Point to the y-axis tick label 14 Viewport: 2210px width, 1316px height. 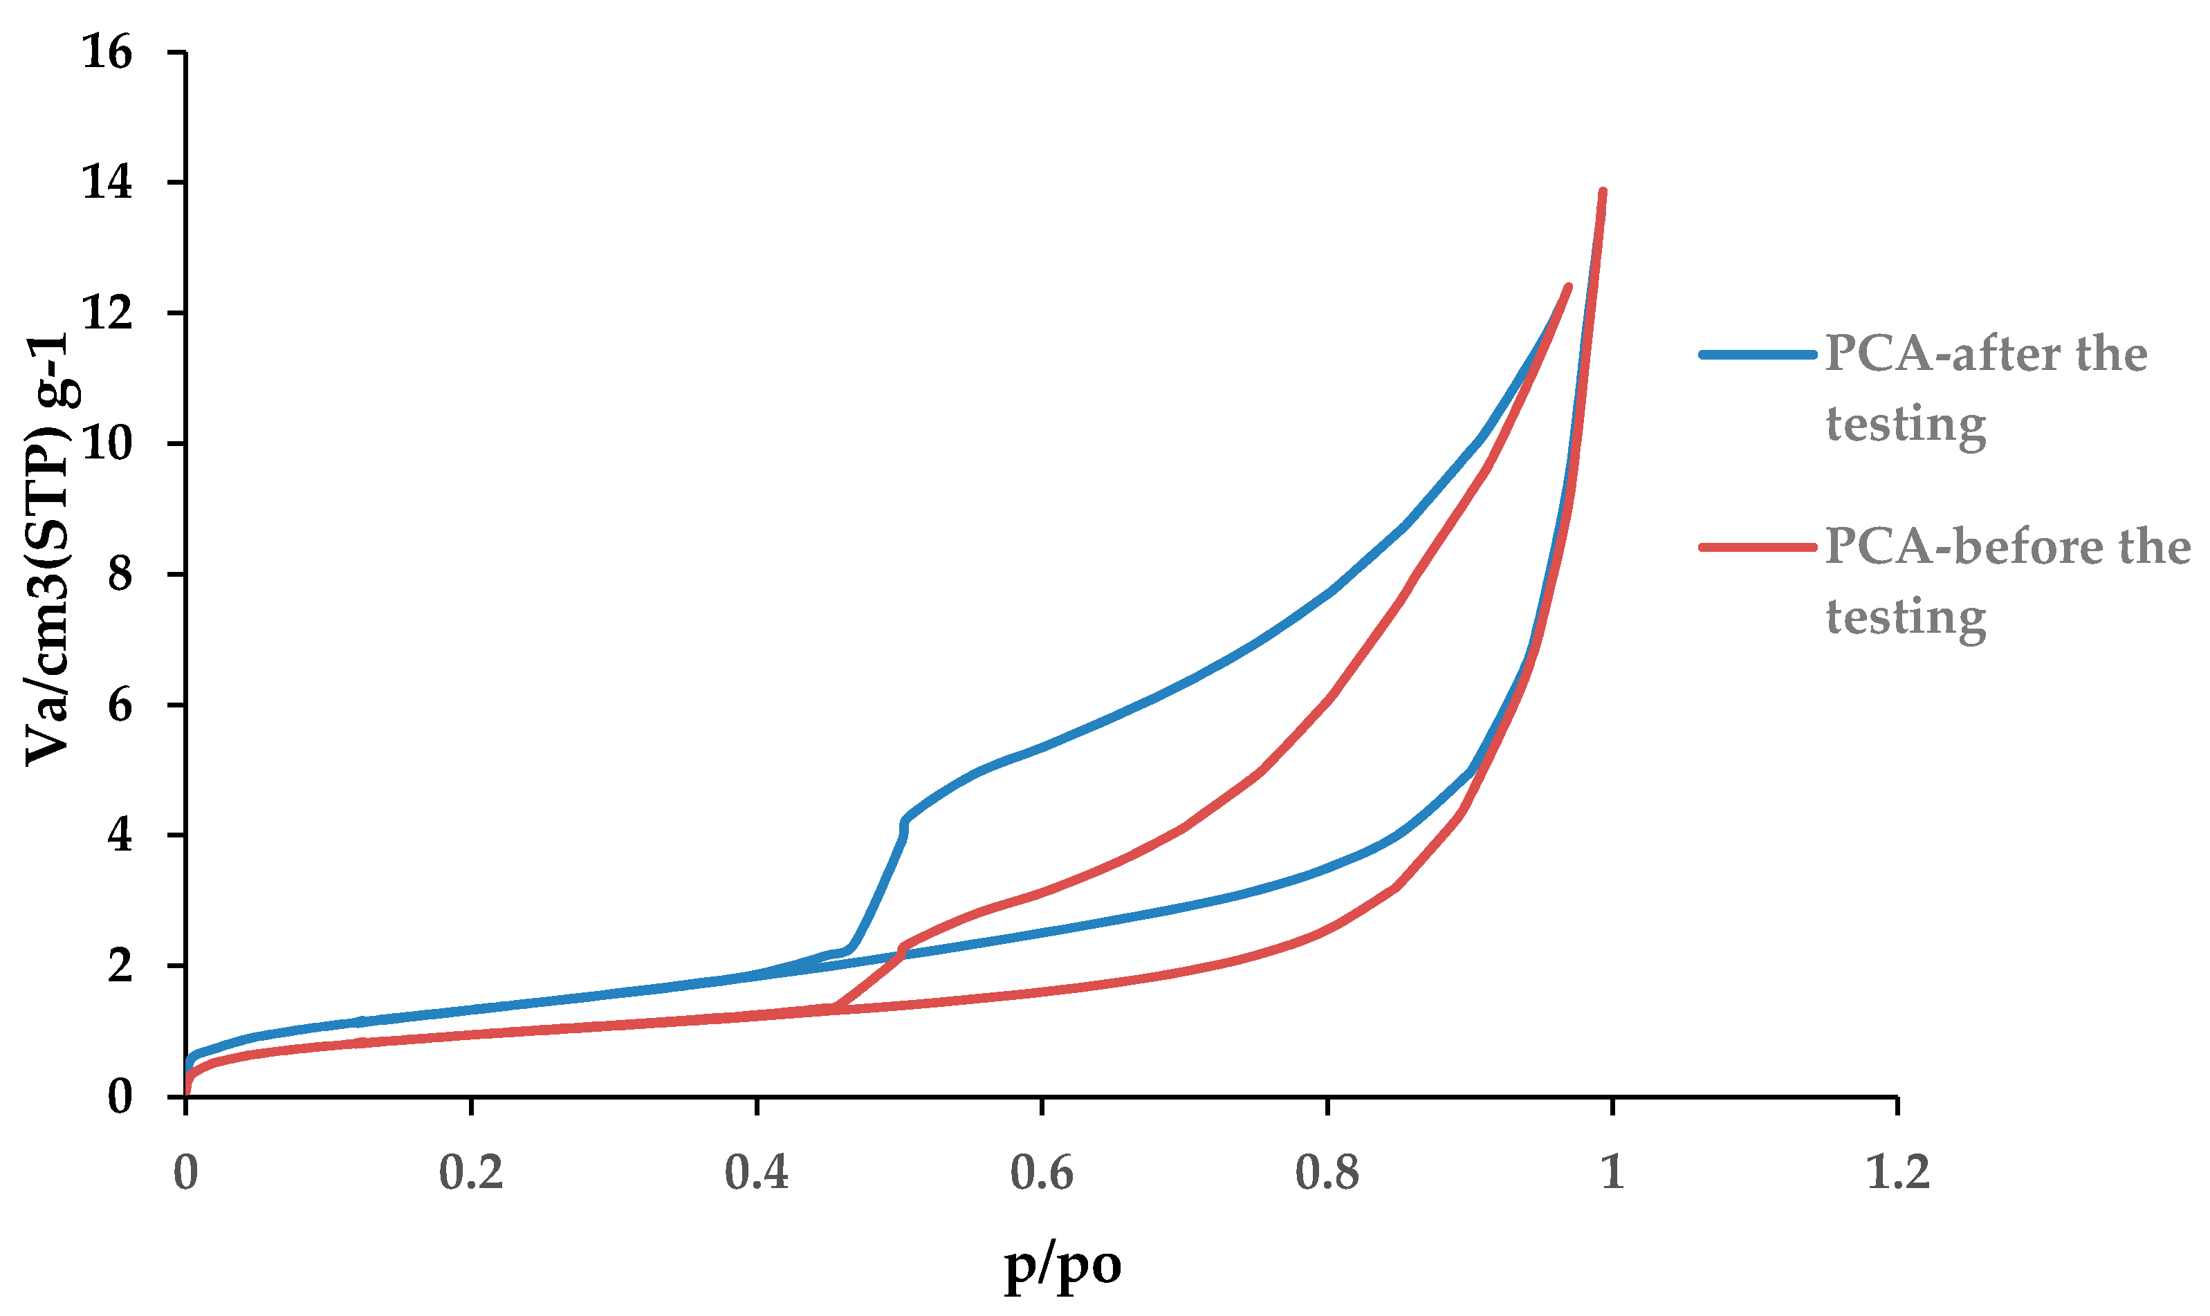107,183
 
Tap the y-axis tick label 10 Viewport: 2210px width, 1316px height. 107,443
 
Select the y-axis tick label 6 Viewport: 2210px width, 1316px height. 119,705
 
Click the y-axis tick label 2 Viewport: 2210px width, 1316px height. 119,965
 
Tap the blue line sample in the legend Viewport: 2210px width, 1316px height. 1757,355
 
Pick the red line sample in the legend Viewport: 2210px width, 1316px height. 1757,547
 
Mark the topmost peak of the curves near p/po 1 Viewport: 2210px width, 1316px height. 1601,192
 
